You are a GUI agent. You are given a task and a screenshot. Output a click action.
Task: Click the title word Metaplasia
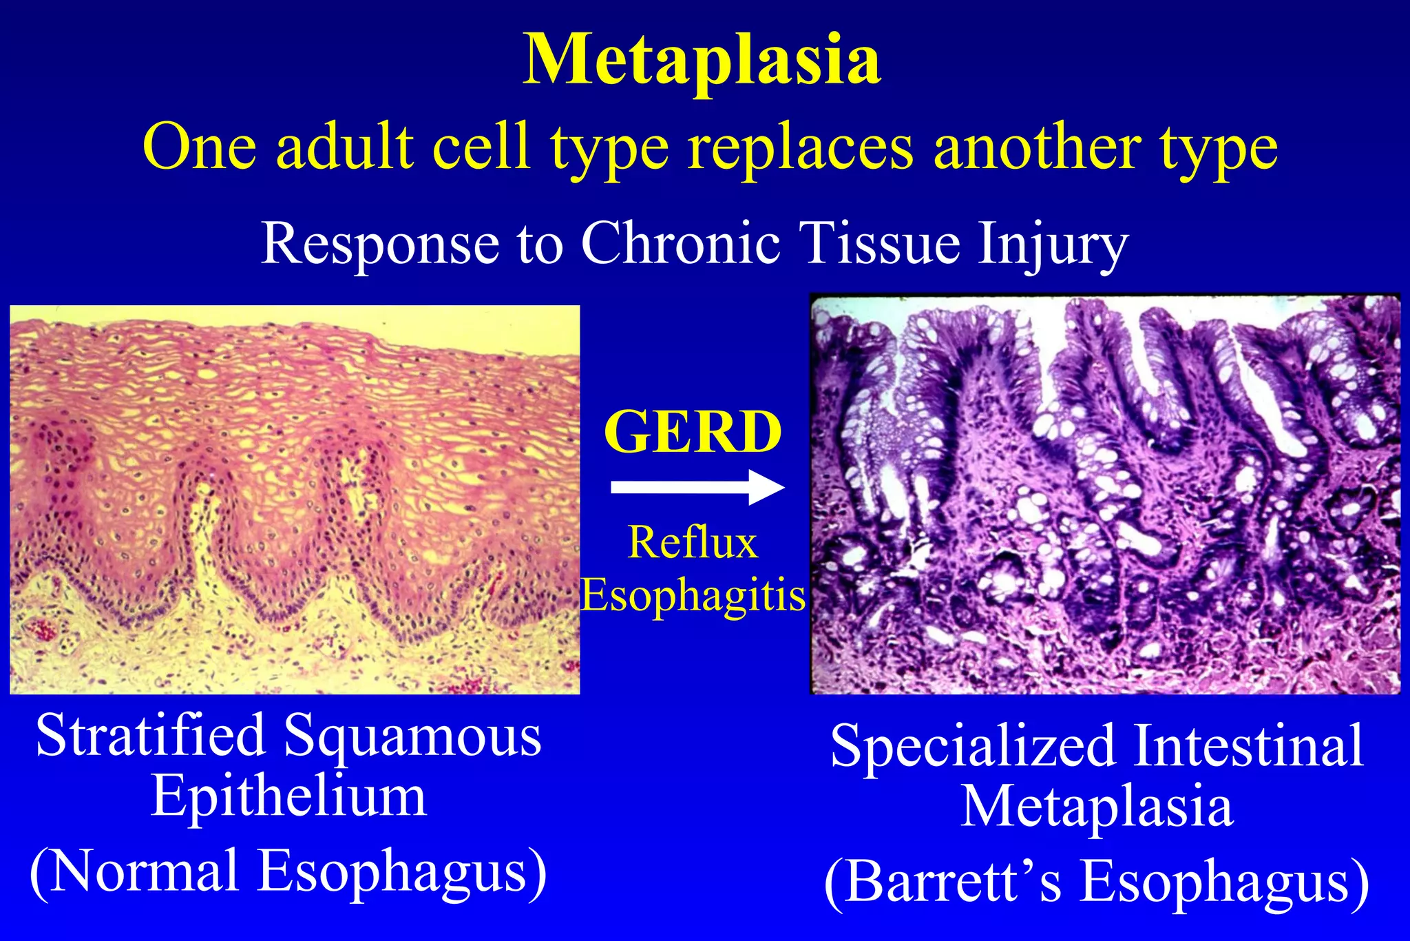click(x=702, y=61)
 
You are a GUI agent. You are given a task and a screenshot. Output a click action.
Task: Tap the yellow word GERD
click(x=693, y=433)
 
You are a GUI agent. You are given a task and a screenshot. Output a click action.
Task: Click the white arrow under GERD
click(x=697, y=488)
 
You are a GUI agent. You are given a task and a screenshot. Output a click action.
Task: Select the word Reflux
click(x=693, y=543)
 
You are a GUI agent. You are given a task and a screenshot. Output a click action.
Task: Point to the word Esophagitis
click(x=693, y=595)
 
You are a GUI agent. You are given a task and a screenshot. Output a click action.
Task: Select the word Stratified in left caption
click(x=150, y=736)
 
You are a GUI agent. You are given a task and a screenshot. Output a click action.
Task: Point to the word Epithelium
click(x=288, y=798)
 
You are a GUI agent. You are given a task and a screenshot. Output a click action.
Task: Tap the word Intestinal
click(x=1248, y=745)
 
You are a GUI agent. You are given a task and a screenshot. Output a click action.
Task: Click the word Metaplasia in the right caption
click(x=1096, y=807)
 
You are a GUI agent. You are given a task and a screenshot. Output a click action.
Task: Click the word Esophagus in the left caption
click(x=402, y=872)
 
